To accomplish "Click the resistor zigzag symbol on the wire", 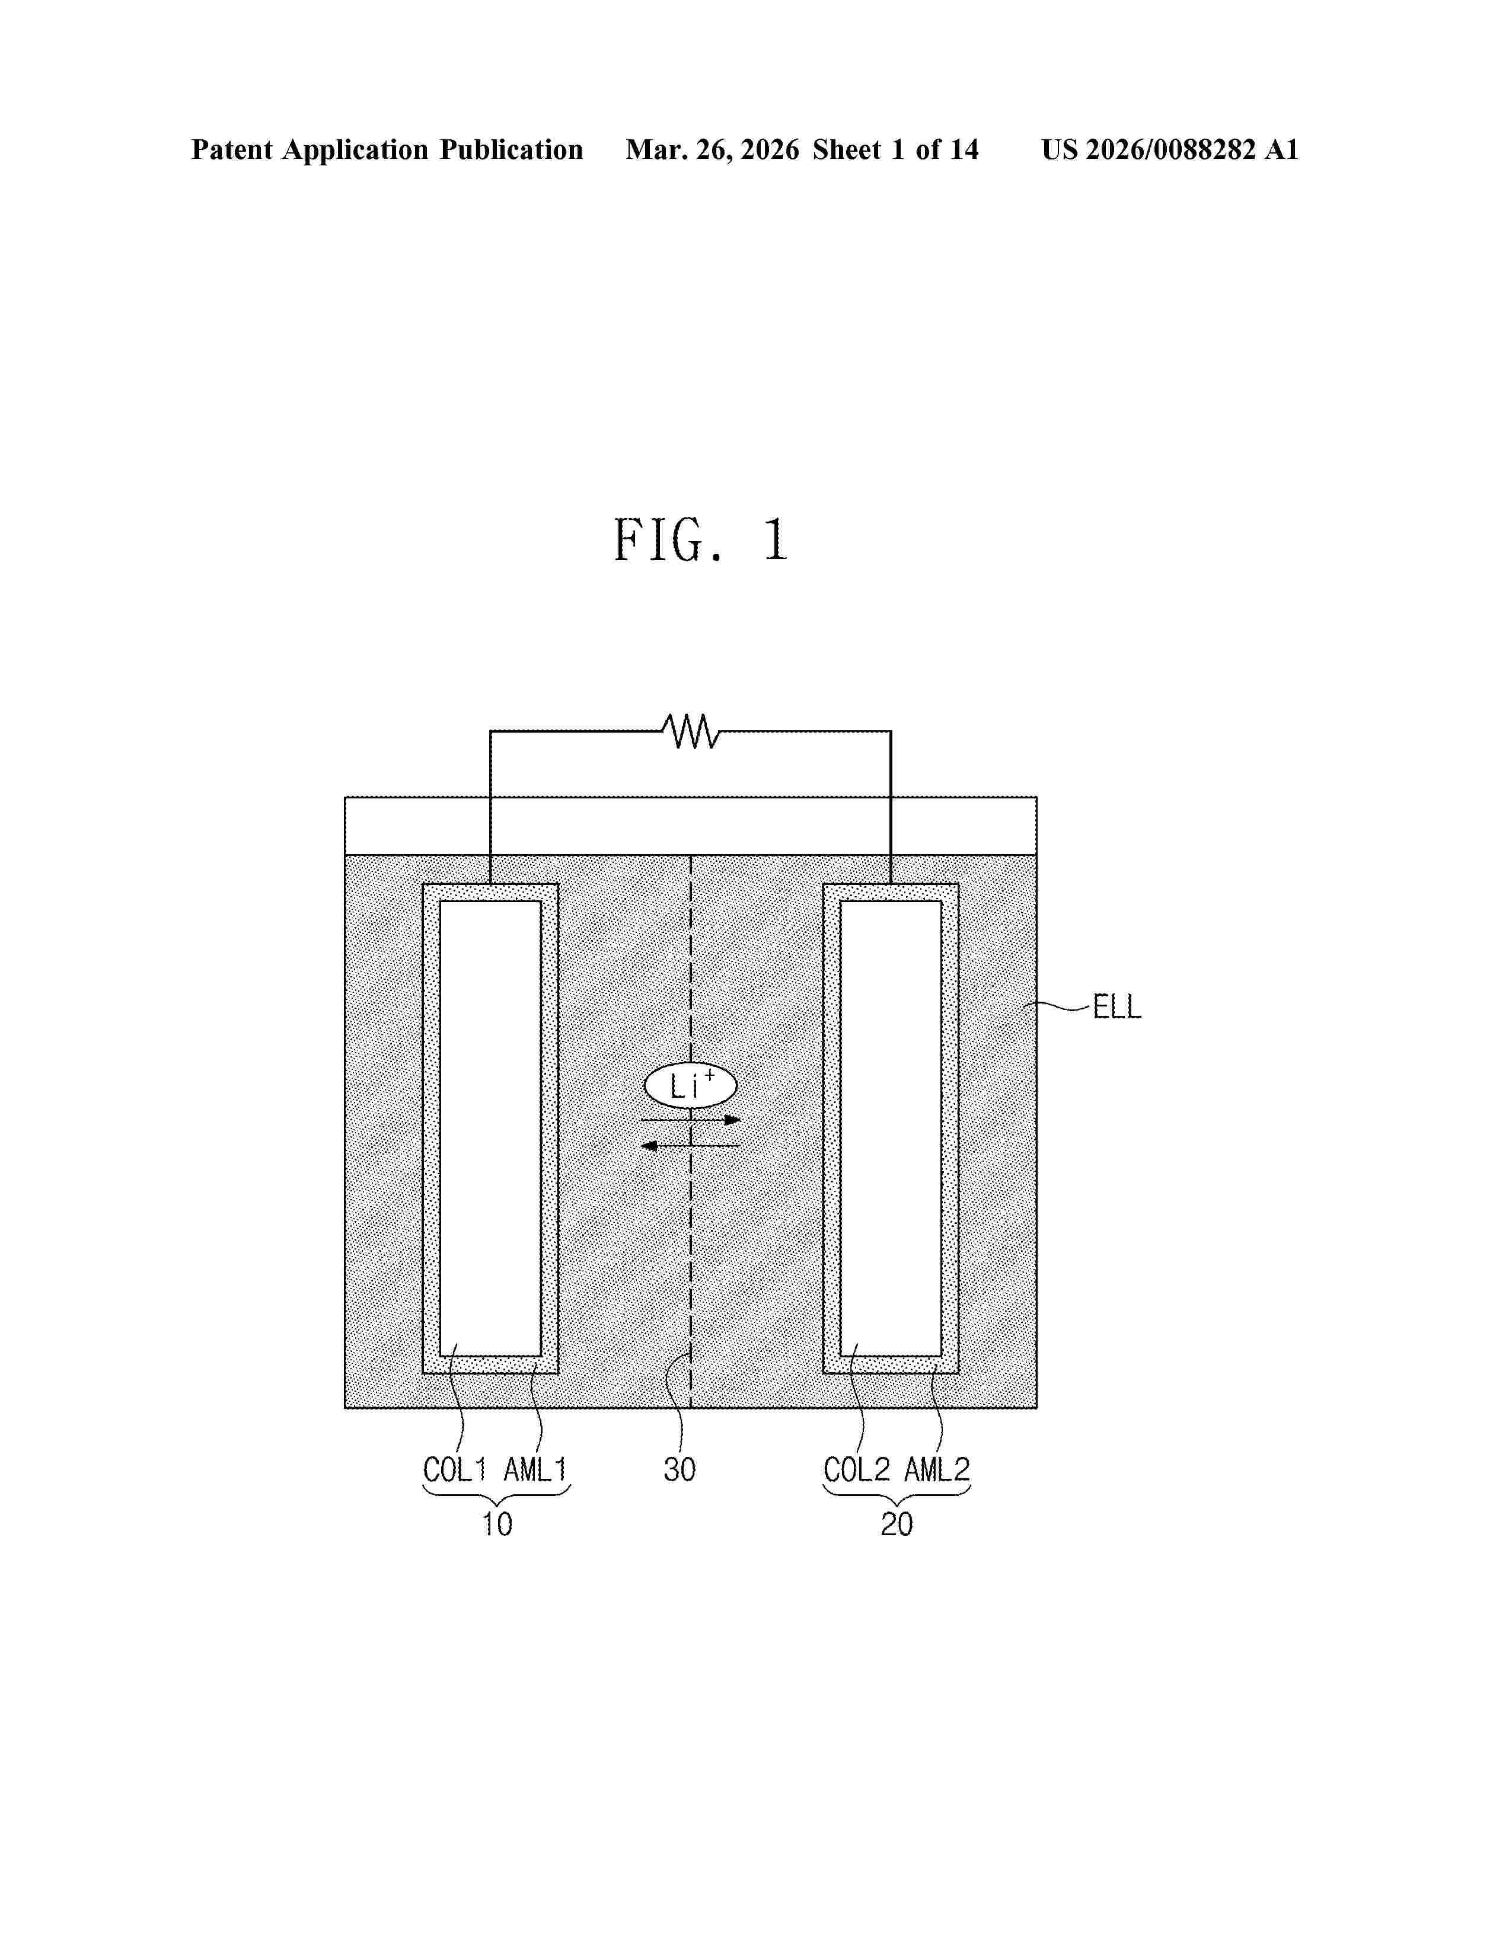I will click(691, 731).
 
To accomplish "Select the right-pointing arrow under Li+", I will click(691, 1120).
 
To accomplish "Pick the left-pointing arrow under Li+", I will click(691, 1146).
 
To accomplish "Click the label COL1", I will click(455, 1470).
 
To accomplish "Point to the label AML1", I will click(535, 1470).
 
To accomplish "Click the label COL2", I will click(856, 1470).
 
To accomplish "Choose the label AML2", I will click(936, 1470).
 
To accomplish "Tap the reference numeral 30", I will click(680, 1470).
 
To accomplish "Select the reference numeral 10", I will click(497, 1524).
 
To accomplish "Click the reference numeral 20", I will click(897, 1524).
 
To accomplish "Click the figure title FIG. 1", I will click(700, 540).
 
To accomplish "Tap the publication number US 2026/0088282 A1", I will click(1170, 149).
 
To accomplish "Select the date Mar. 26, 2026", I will click(712, 149).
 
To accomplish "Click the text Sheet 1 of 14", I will click(896, 149).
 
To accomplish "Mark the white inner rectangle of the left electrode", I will click(490, 1129).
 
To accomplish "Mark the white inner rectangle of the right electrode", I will click(891, 1129).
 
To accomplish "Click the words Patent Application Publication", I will click(387, 149).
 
